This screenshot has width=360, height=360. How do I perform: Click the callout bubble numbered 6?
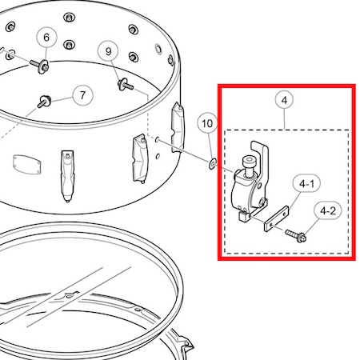coord(46,37)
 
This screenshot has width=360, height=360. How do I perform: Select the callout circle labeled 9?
coord(108,51)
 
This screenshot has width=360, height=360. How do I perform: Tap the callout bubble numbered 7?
coord(82,95)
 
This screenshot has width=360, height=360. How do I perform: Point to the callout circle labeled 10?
coord(207,123)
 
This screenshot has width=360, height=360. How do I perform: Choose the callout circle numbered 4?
coord(284,100)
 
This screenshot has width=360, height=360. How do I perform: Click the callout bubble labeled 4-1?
coord(306,183)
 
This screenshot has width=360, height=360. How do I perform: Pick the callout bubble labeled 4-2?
coord(328,210)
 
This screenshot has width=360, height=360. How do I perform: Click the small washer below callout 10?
coord(213,163)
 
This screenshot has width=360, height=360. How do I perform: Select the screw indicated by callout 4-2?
coord(295,235)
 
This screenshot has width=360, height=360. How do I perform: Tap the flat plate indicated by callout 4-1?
coord(277,218)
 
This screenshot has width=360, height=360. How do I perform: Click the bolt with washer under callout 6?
coord(41,66)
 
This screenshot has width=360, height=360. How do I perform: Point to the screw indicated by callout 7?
coord(44,102)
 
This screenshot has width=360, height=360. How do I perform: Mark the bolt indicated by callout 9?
coord(125,84)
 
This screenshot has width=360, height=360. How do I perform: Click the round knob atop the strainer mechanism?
coord(249,166)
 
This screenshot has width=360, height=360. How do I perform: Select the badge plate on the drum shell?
coord(27,164)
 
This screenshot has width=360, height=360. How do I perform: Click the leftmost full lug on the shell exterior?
coord(67,176)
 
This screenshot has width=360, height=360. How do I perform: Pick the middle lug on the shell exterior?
coord(140,159)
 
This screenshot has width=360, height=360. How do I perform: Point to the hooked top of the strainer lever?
coord(259,147)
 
